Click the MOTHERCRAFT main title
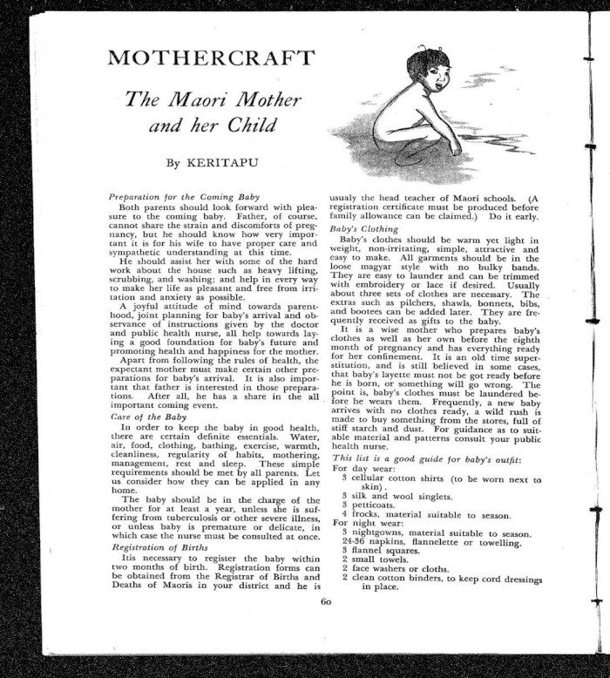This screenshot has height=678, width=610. point(210,59)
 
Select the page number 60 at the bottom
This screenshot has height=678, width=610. point(326,600)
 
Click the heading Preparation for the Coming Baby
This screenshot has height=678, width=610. point(177,197)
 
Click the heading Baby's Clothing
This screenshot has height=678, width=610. point(362,228)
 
